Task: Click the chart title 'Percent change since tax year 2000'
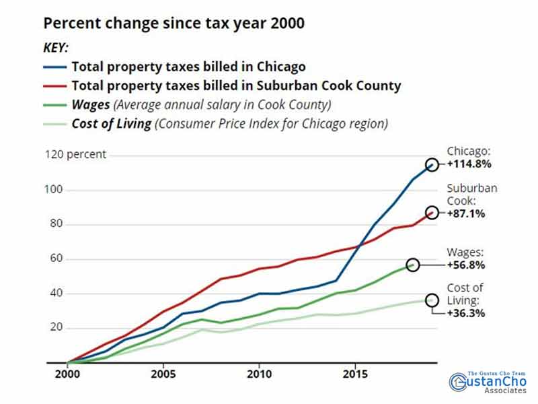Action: point(174,24)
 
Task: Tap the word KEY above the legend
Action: point(56,49)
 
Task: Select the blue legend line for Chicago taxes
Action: point(54,67)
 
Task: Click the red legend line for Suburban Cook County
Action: point(54,86)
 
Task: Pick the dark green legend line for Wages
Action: point(54,105)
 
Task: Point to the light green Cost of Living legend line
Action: point(54,124)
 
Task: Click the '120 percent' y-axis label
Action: point(75,154)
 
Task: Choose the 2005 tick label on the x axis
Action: point(163,372)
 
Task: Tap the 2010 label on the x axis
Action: point(260,372)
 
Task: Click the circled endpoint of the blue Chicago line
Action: point(432,165)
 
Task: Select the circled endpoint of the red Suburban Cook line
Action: point(432,213)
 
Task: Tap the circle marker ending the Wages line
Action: point(413,265)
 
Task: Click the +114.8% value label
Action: point(469,164)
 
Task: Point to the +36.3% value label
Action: point(468,312)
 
